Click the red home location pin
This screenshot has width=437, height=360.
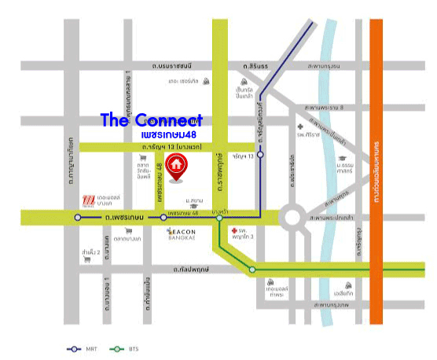tap(178, 166)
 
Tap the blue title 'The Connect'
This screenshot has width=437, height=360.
tap(151, 120)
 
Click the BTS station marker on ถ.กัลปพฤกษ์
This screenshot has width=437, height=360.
tap(252, 270)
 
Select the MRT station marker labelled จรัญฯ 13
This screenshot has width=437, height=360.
tap(261, 155)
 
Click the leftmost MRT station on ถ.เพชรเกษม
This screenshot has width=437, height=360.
tap(77, 217)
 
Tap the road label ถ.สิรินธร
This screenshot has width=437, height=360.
tap(256, 65)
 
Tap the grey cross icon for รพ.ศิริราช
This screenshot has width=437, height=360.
tap(300, 127)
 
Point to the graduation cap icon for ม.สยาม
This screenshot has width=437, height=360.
tap(201, 190)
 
